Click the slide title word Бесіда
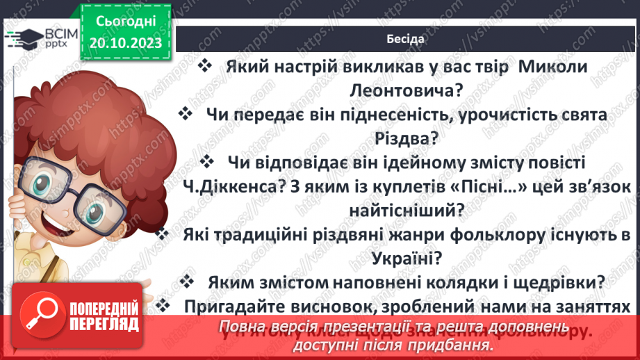pyautogui.click(x=405, y=38)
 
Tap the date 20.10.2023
pyautogui.click(x=125, y=43)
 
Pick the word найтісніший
pyautogui.click(x=406, y=208)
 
